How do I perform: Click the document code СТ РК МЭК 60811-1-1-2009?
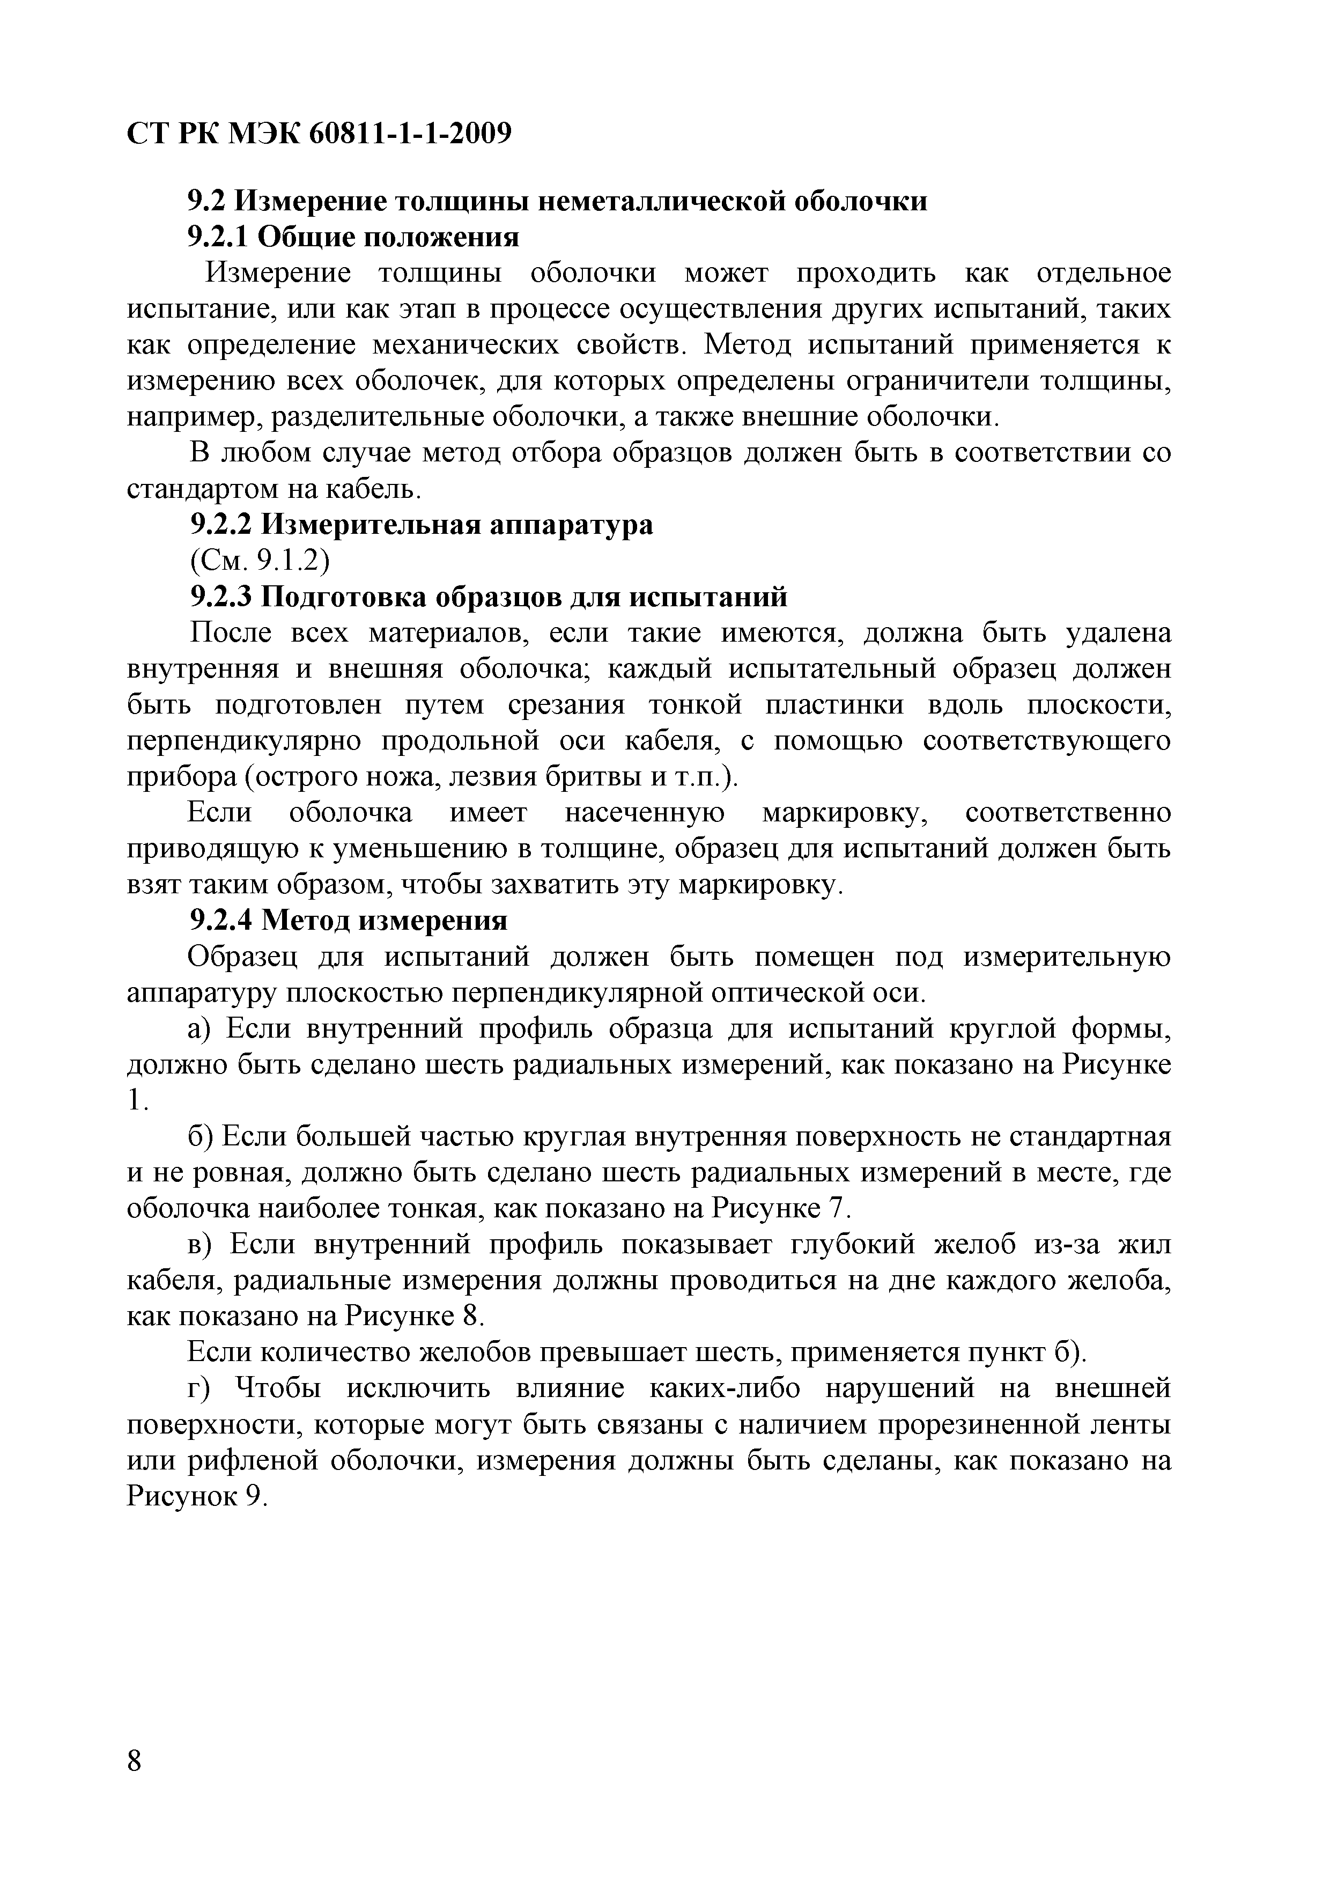[x=320, y=133]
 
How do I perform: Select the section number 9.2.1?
[x=218, y=237]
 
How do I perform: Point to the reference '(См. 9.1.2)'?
[x=259, y=561]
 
